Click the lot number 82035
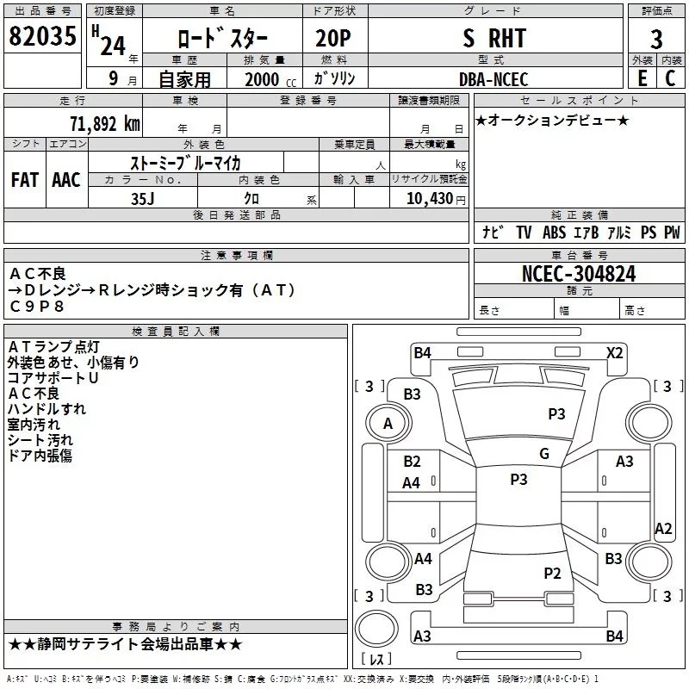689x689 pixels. (41, 38)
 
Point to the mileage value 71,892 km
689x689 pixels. (104, 123)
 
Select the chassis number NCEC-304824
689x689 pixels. (579, 274)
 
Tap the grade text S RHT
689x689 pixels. (493, 39)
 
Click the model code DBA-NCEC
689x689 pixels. (493, 79)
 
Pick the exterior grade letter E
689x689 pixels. (642, 78)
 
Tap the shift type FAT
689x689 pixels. (24, 180)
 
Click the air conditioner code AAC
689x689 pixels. (65, 180)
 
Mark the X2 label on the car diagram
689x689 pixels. (614, 352)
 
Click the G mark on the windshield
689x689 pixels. (544, 454)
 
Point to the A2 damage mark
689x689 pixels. (663, 529)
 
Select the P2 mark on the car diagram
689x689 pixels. (552, 574)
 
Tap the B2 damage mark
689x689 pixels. (412, 462)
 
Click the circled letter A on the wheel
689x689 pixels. (388, 423)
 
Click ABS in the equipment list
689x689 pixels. (555, 232)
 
